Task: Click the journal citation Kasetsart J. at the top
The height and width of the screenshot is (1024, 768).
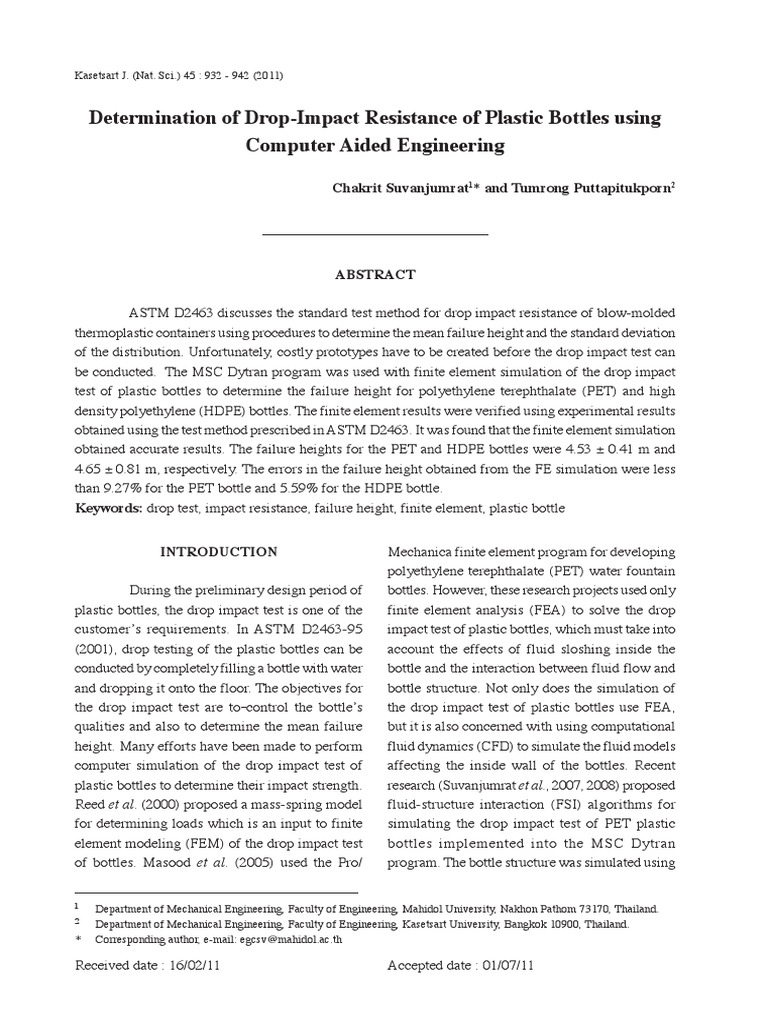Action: tap(105, 76)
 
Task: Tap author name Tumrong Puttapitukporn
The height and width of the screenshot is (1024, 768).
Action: tap(600, 189)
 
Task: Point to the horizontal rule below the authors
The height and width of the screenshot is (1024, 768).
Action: tap(374, 234)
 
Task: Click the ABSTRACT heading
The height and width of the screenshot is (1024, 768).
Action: tap(374, 275)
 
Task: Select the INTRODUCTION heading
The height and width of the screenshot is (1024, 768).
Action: tap(220, 551)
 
